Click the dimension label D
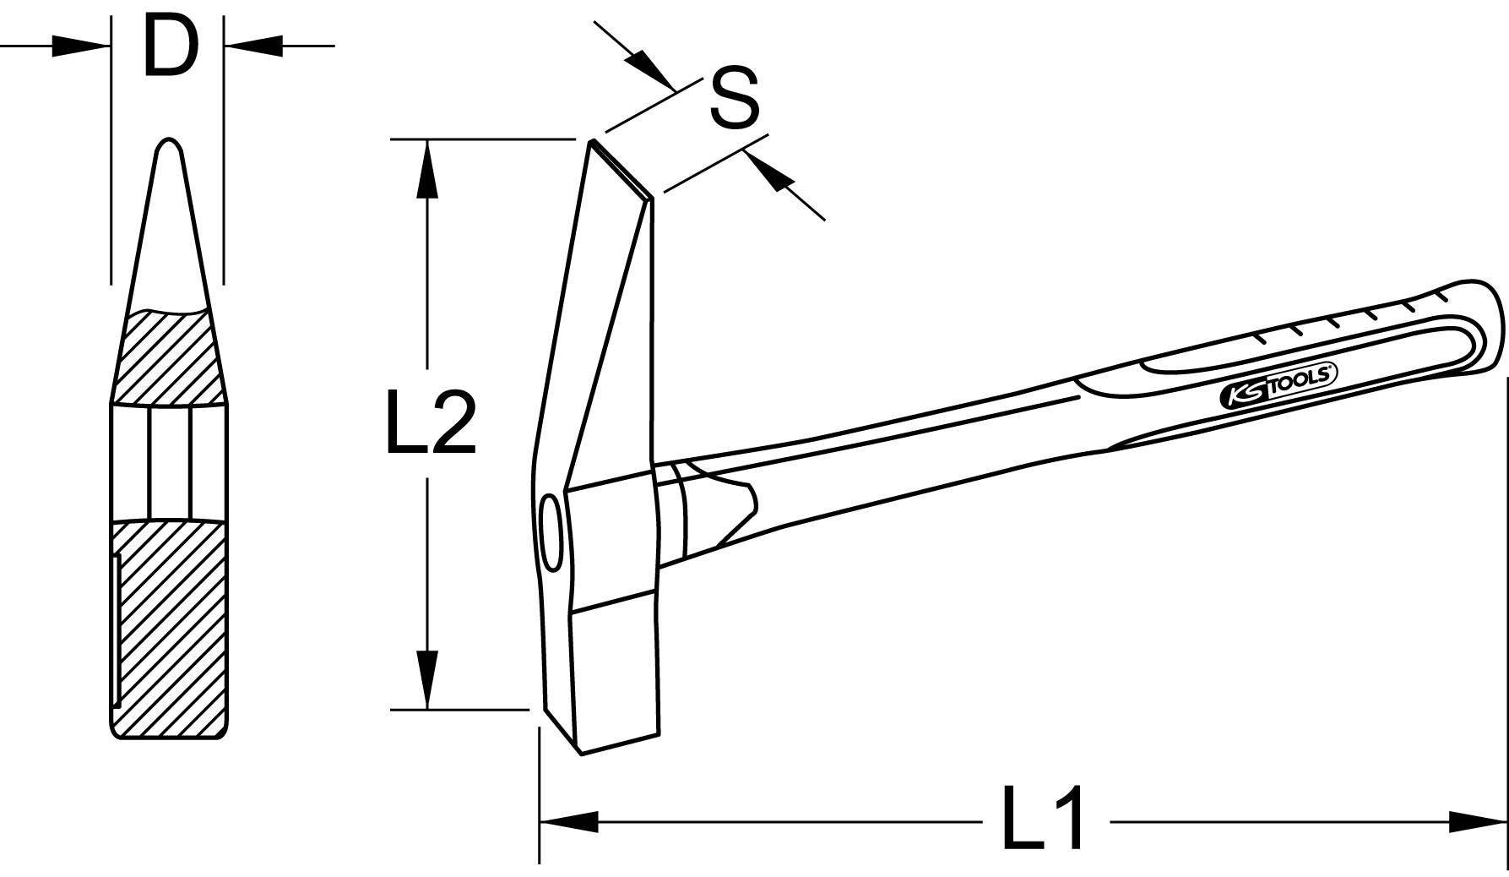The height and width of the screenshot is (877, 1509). pyautogui.click(x=169, y=46)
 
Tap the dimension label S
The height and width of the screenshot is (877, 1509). pyautogui.click(x=734, y=99)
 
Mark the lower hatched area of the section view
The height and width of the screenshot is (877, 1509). pyautogui.click(x=169, y=625)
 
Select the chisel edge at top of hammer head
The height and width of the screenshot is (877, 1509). pyautogui.click(x=621, y=169)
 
